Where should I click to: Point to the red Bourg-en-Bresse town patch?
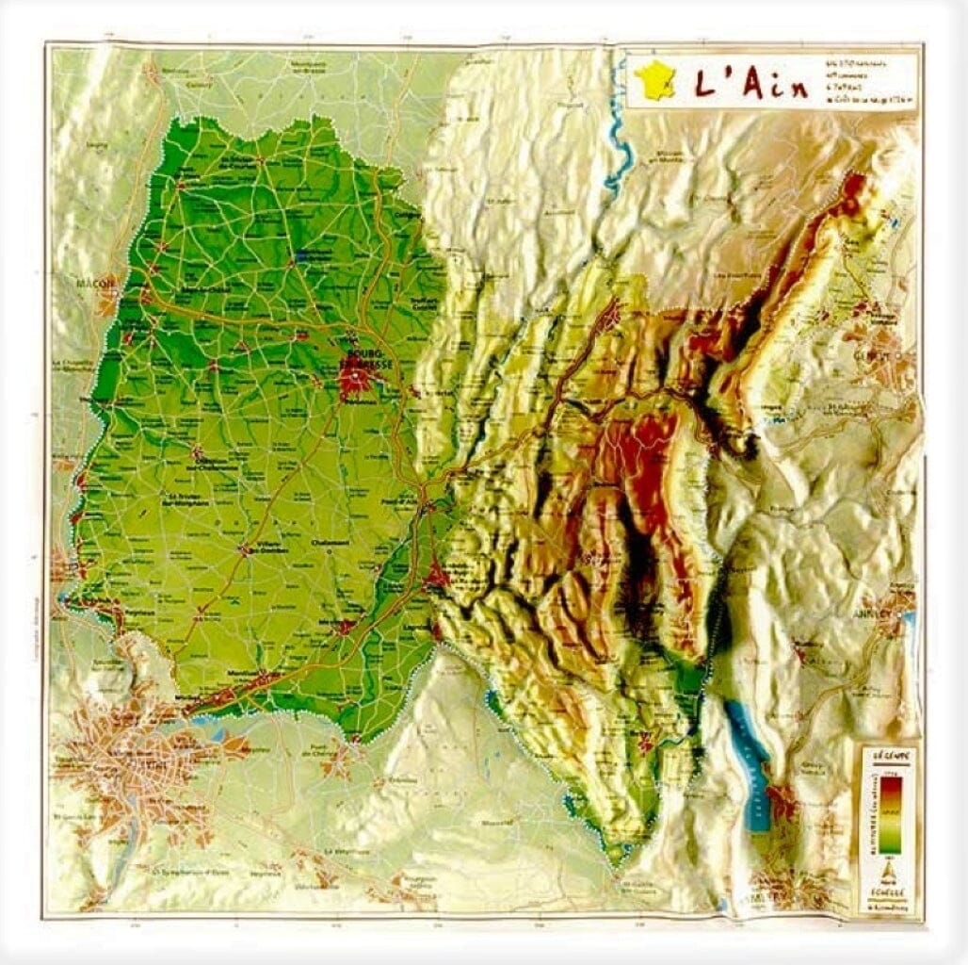(356, 380)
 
